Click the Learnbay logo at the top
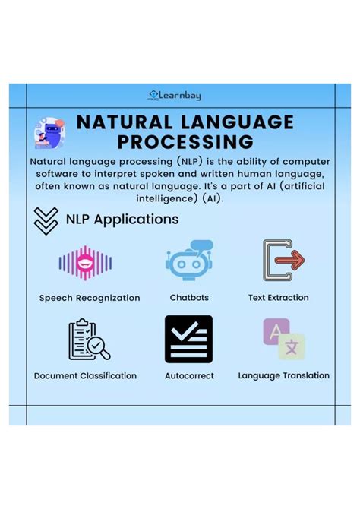pyautogui.click(x=175, y=95)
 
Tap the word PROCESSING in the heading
pyautogui.click(x=185, y=142)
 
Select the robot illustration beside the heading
pyautogui.click(x=50, y=133)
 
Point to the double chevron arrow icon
pyautogui.click(x=46, y=220)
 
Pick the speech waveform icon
pyautogui.click(x=85, y=263)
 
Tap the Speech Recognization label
pyautogui.click(x=90, y=298)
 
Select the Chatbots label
pyautogui.click(x=189, y=298)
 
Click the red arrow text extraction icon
pyautogui.click(x=283, y=261)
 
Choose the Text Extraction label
pyautogui.click(x=278, y=298)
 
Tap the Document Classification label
pyautogui.click(x=85, y=375)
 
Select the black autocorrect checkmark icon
pyautogui.click(x=188, y=339)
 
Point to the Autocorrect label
pyautogui.click(x=189, y=375)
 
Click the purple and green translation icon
pyautogui.click(x=283, y=338)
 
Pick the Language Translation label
pyautogui.click(x=283, y=375)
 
